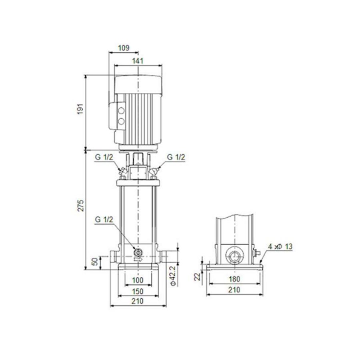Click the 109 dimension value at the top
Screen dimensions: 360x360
click(124, 48)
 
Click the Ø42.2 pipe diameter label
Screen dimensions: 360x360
click(172, 275)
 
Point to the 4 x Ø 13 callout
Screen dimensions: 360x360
click(280, 247)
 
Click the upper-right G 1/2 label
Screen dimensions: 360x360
click(176, 157)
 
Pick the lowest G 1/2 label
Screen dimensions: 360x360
click(104, 219)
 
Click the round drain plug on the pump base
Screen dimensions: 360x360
click(138, 252)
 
